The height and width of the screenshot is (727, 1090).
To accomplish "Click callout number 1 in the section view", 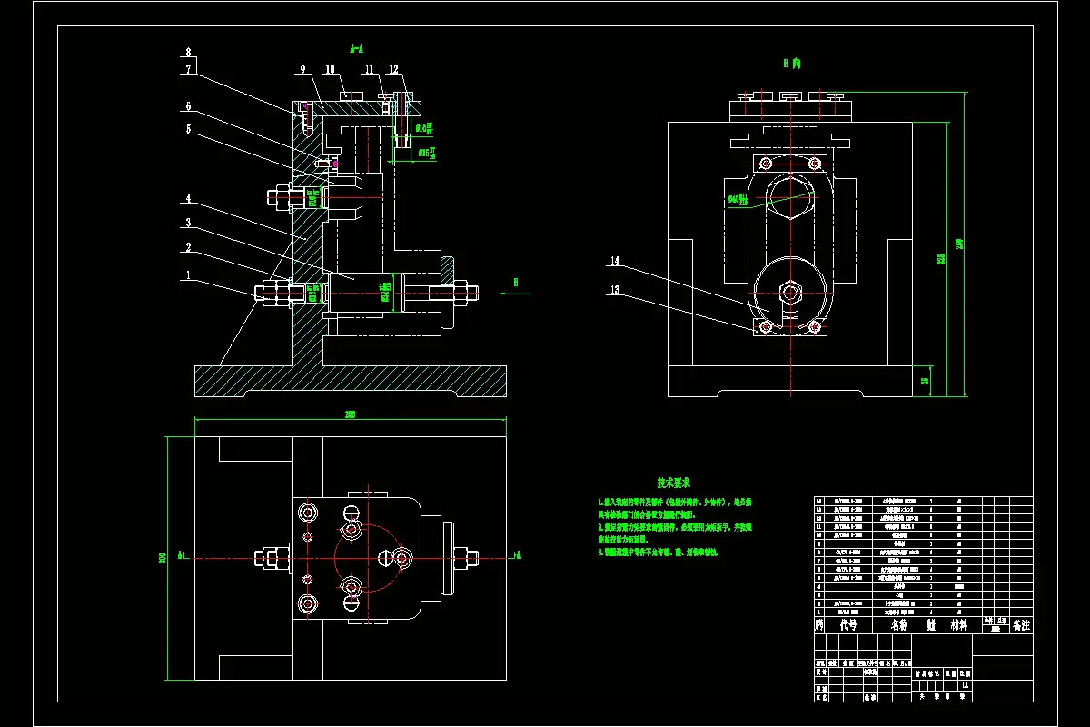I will point(188,274).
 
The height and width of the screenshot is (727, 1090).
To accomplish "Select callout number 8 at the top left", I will point(188,52).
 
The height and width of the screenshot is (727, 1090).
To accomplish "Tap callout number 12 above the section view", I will point(393,69).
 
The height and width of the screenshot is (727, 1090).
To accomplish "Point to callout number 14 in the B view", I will point(615,262).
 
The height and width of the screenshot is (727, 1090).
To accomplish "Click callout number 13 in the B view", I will point(615,291).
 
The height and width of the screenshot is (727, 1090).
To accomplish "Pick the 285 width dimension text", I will point(350,414).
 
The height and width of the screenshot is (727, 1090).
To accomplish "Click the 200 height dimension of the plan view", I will point(163,557).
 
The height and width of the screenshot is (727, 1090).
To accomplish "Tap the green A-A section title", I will point(357,47).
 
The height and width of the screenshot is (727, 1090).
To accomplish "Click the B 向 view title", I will point(791,64).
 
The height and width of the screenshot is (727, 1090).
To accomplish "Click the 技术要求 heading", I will point(674,483).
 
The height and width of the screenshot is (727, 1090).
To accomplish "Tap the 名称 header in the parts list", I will point(899,625).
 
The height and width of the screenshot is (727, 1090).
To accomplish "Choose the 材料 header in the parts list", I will point(959,625).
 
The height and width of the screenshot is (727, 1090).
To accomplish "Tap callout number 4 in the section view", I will point(188,197).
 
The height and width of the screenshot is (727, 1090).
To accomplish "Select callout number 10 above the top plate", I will point(329,69).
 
